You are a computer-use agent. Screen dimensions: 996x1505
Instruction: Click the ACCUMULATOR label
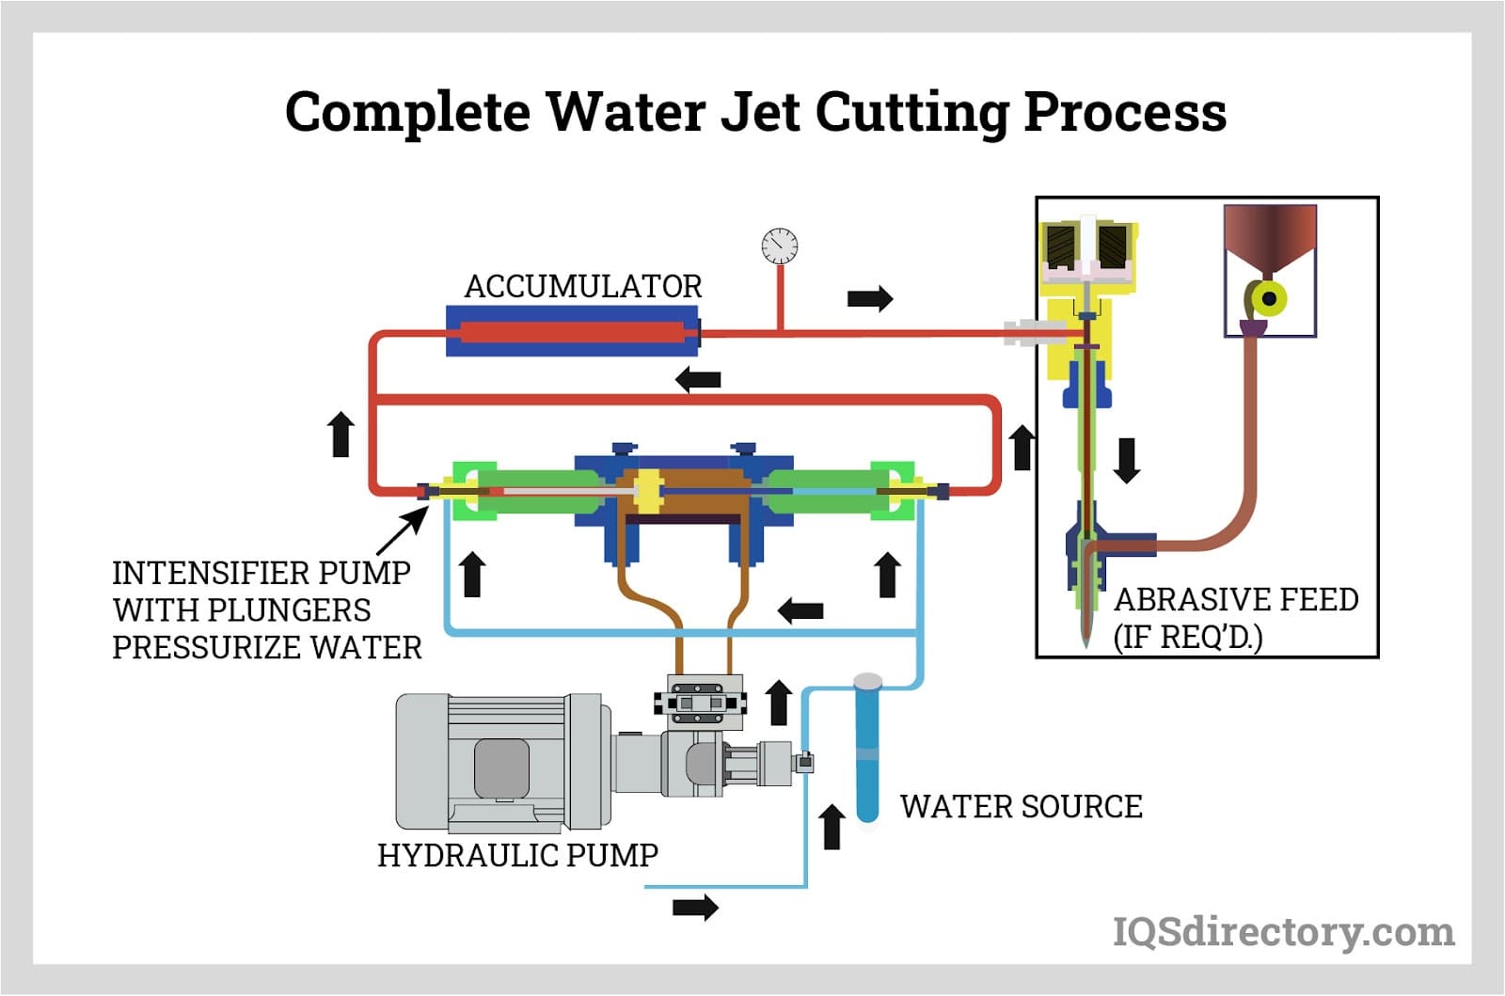click(583, 286)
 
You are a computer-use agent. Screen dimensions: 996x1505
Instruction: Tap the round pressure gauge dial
click(780, 246)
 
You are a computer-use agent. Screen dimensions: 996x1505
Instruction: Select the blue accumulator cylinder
click(573, 332)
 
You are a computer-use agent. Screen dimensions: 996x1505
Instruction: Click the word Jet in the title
click(759, 112)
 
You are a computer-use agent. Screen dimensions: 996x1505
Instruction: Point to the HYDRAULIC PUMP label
click(517, 855)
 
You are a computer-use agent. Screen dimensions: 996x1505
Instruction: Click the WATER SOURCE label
click(1021, 806)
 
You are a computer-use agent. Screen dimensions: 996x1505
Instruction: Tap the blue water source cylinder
click(867, 752)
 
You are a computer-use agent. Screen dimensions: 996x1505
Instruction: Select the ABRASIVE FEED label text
click(1235, 600)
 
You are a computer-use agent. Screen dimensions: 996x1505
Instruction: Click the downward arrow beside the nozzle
click(1127, 460)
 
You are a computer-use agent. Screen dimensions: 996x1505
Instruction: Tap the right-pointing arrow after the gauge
click(869, 299)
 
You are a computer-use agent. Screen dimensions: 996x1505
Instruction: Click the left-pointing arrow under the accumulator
click(699, 380)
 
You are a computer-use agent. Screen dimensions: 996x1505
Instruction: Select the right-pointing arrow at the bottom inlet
click(695, 908)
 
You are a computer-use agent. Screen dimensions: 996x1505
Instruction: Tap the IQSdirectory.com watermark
click(1283, 932)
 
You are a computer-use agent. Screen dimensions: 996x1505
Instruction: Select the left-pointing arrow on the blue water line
click(800, 610)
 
